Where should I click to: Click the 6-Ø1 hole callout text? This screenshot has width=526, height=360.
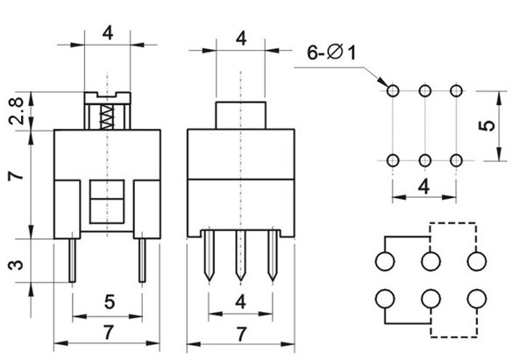[331, 53]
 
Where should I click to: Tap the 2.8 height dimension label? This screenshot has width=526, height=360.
[17, 111]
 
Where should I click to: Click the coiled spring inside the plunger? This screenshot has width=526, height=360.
[107, 117]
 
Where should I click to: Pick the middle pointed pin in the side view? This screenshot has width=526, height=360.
[240, 256]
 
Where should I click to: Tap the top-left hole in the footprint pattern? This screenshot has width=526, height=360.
[393, 91]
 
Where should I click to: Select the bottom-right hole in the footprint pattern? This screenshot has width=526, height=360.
[456, 160]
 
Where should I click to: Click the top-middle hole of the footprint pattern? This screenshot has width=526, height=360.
[425, 91]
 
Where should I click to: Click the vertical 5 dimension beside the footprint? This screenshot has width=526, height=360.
[487, 125]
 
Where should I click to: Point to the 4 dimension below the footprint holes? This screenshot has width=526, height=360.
[424, 187]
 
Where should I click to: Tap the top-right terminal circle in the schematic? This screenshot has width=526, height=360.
[477, 261]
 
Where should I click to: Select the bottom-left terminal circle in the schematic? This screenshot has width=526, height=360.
[385, 299]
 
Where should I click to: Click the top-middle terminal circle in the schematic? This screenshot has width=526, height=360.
[430, 261]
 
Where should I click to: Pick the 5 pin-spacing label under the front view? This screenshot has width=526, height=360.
[110, 301]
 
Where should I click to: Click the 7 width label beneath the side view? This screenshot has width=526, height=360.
[241, 334]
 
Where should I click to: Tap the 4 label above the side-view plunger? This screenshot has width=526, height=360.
[241, 39]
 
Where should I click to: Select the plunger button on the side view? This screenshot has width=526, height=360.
[240, 116]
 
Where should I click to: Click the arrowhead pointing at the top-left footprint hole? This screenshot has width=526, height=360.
[383, 81]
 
